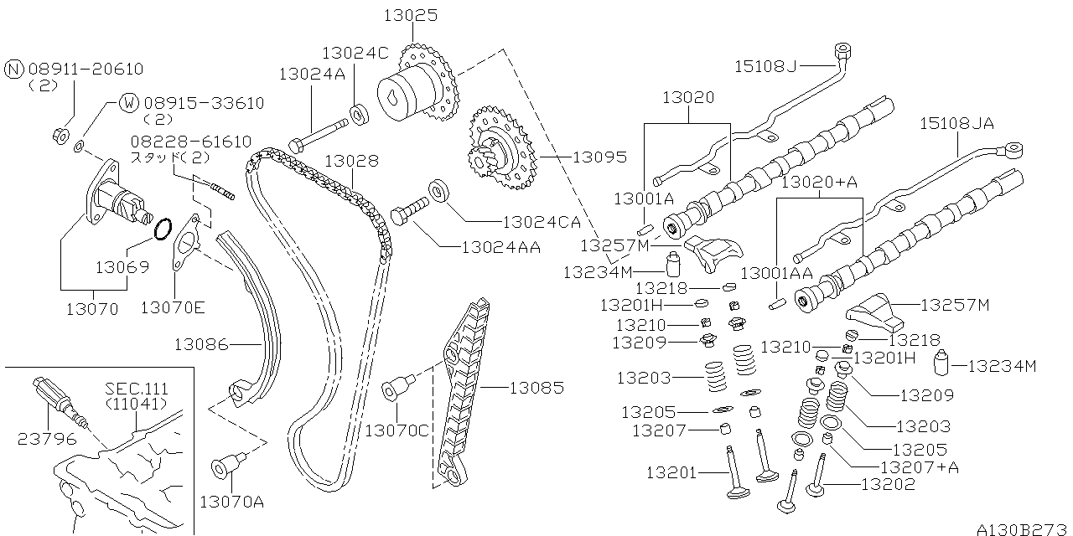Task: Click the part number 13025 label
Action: click(x=411, y=15)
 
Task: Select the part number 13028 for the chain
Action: click(x=351, y=160)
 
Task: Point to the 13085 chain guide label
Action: click(x=536, y=388)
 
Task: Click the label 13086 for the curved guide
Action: click(x=201, y=343)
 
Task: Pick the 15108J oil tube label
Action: click(x=766, y=64)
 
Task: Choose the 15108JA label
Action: click(x=956, y=123)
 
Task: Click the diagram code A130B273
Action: click(x=1023, y=528)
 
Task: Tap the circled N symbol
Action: click(x=14, y=69)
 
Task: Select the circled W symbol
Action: click(x=128, y=103)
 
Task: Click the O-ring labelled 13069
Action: click(x=164, y=227)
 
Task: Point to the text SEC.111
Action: click(x=137, y=389)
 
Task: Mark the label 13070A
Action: click(x=231, y=502)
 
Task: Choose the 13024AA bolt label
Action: click(x=500, y=247)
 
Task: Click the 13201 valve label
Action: click(x=671, y=472)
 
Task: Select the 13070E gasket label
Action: click(x=172, y=307)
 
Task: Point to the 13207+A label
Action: click(x=919, y=466)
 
